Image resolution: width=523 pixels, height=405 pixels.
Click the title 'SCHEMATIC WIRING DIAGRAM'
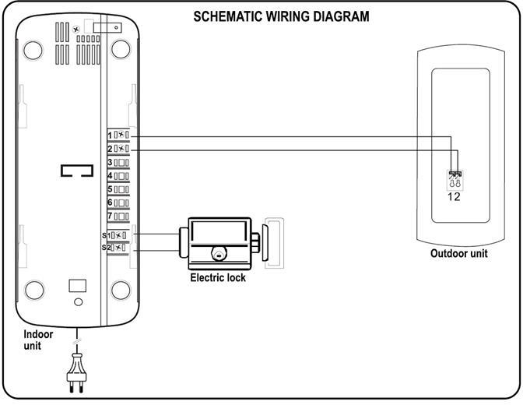click(281, 16)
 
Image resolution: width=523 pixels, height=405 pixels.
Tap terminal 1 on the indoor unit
click(119, 136)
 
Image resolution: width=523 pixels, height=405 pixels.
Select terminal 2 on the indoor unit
click(119, 149)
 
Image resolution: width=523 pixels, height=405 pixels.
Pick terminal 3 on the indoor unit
click(119, 162)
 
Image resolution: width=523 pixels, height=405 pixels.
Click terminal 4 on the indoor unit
click(119, 175)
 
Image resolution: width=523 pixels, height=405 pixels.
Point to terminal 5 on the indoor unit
click(119, 188)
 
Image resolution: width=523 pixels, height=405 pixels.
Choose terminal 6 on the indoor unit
click(119, 202)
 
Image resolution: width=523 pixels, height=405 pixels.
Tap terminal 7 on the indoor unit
click(119, 215)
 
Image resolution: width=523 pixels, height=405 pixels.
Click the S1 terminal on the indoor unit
click(118, 234)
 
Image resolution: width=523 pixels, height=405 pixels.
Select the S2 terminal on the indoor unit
click(118, 247)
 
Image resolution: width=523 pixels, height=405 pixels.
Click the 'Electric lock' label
click(217, 278)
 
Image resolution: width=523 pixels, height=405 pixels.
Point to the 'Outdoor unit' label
click(458, 254)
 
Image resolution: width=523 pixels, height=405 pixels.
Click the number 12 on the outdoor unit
click(454, 196)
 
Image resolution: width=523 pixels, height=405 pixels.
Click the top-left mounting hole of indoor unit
click(33, 49)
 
